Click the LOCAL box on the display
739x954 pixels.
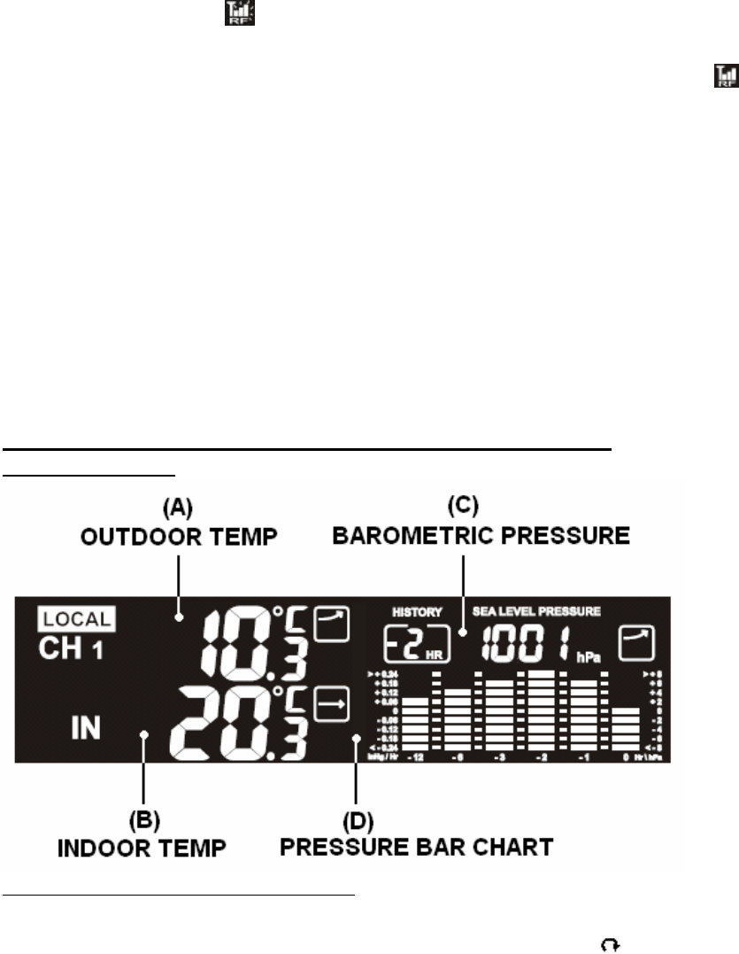(76, 619)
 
